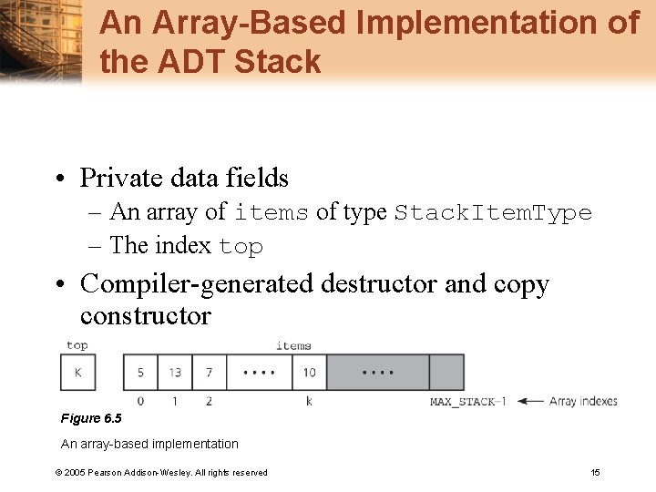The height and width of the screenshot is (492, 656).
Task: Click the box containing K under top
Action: (x=77, y=373)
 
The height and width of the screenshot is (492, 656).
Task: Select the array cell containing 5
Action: (x=140, y=373)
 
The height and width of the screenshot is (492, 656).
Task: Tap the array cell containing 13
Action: (x=175, y=373)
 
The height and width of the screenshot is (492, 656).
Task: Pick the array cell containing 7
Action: (x=209, y=373)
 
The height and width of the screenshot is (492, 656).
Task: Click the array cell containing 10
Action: (x=310, y=373)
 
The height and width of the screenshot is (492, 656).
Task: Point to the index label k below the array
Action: (x=309, y=401)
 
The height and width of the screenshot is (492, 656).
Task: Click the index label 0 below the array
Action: (x=140, y=401)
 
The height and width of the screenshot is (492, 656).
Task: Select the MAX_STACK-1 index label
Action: (x=468, y=402)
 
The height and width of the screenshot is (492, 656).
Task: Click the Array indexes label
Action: (x=583, y=401)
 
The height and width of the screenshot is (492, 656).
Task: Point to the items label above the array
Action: (x=293, y=345)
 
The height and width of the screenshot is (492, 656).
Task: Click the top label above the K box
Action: (x=77, y=345)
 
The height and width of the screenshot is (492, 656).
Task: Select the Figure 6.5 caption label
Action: (x=90, y=418)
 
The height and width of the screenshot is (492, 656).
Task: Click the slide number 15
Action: (x=595, y=472)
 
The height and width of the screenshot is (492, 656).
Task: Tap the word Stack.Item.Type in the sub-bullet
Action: (x=493, y=213)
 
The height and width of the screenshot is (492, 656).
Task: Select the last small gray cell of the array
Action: (x=446, y=373)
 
